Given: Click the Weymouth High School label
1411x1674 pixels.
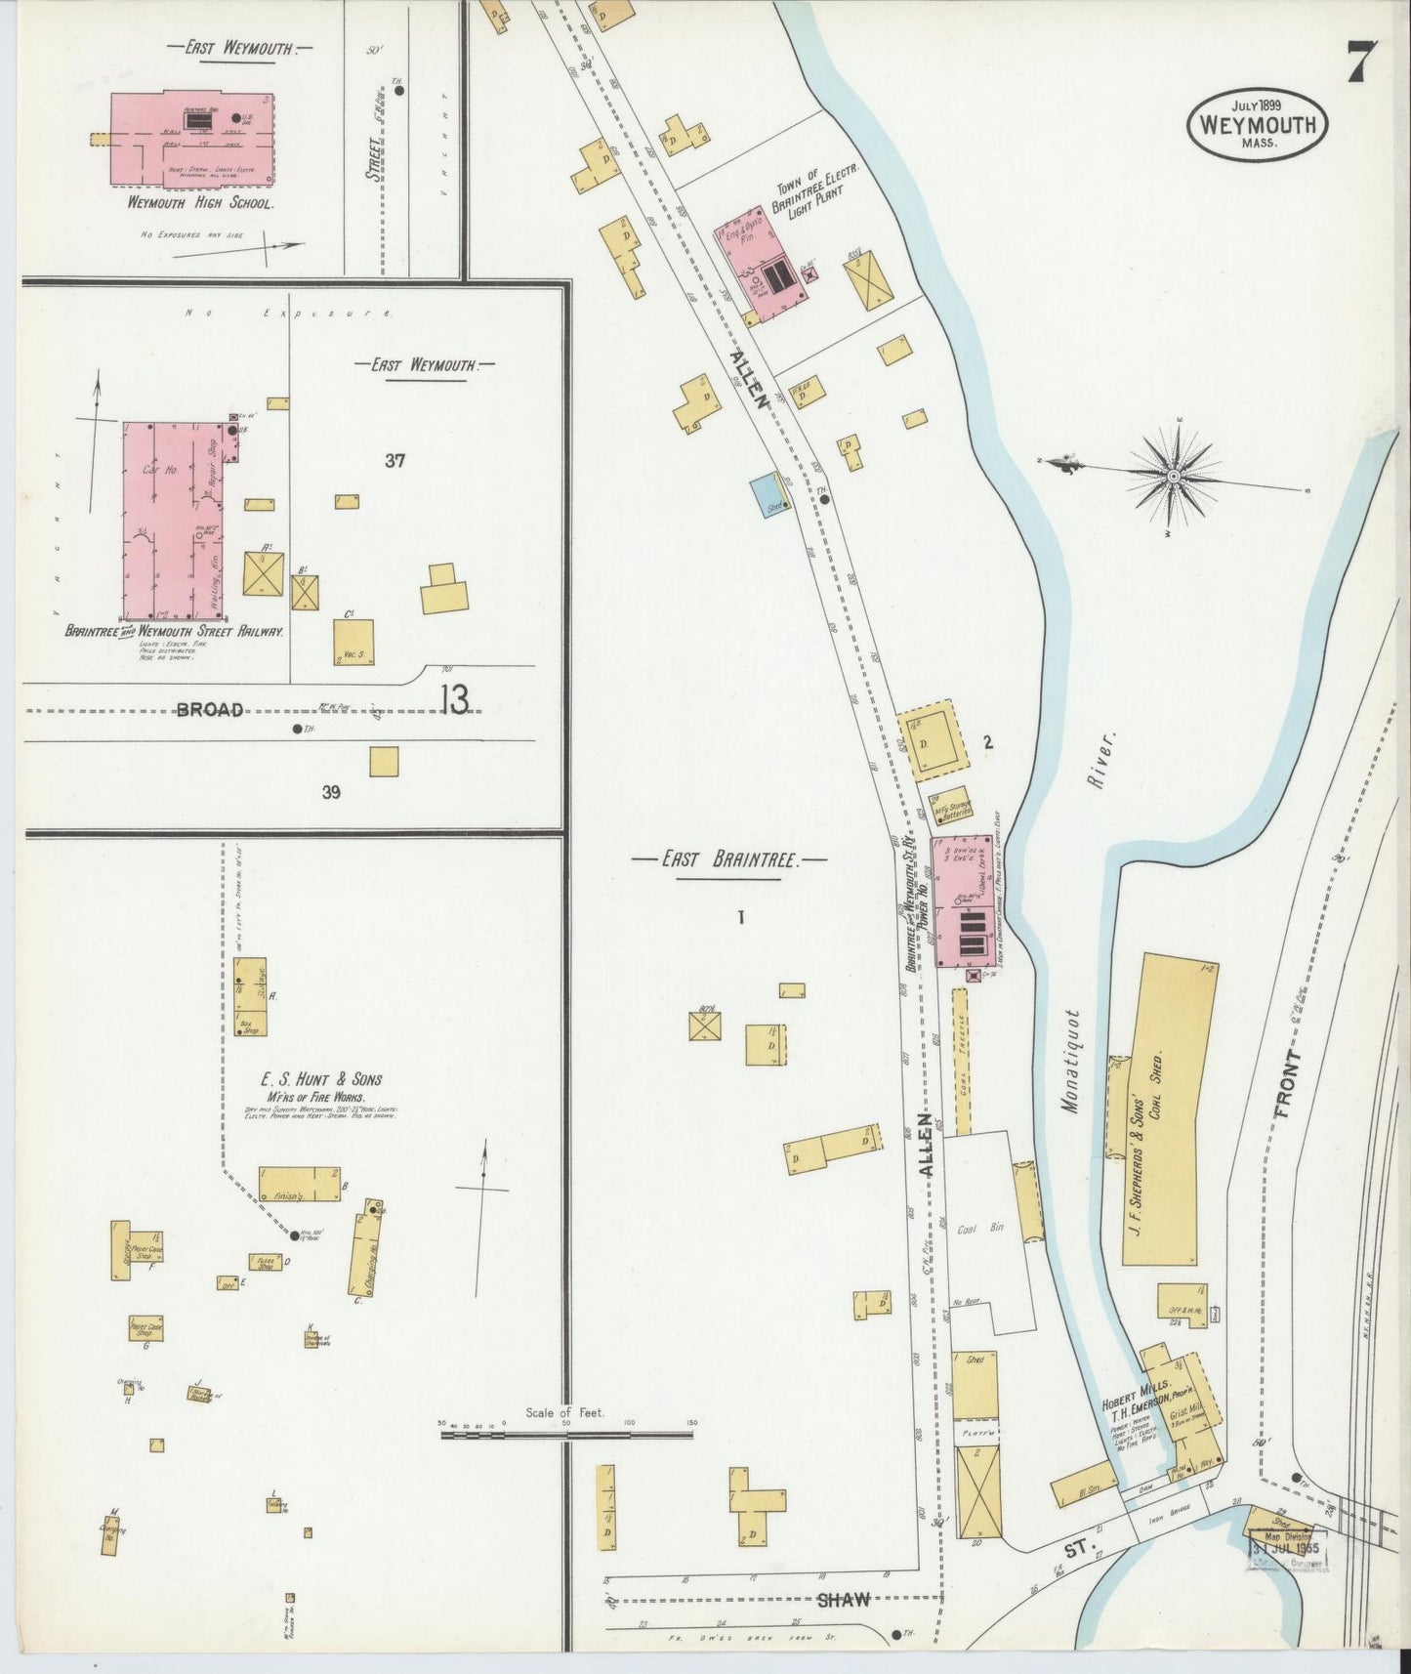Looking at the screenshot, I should [x=201, y=204].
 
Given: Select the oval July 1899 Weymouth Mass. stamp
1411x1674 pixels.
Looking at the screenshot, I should [x=1257, y=124].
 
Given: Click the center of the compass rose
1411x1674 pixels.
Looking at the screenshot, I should [x=1172, y=476].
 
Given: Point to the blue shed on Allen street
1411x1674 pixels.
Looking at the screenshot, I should [x=768, y=496].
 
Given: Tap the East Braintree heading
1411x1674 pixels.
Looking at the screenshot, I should [x=729, y=860].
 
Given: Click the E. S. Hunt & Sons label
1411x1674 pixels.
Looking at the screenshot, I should [x=320, y=1079].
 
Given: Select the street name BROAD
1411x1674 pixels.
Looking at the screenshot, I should [x=209, y=710].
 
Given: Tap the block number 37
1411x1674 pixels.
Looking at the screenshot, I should [x=394, y=460].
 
